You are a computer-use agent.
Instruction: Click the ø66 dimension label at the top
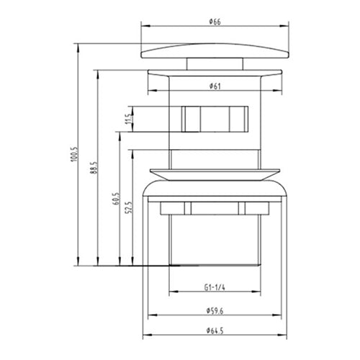click(x=215, y=22)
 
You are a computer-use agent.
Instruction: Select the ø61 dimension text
click(x=215, y=86)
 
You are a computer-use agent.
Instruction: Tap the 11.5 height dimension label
click(x=127, y=118)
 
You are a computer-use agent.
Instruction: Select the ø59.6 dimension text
click(x=215, y=311)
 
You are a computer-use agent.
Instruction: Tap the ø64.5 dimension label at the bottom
click(x=215, y=330)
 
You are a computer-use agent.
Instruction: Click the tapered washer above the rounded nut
click(x=214, y=173)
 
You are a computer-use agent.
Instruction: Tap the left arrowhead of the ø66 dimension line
click(x=143, y=28)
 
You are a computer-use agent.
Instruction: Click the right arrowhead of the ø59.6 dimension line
click(x=279, y=318)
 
